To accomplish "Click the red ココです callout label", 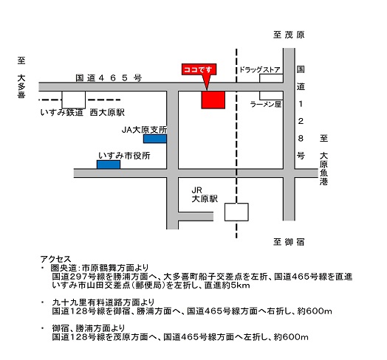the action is click(199, 69).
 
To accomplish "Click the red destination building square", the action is click(213, 100).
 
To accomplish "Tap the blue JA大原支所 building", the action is click(155, 139).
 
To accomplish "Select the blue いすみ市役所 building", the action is click(109, 165).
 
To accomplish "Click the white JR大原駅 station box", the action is click(236, 212).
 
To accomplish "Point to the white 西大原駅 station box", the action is click(74, 100).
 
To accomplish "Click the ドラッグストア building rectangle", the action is click(271, 78).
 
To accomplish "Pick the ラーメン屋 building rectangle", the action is click(271, 95).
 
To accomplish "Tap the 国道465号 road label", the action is click(109, 78).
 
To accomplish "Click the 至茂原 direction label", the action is click(289, 35).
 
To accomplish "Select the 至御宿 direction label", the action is click(289, 242).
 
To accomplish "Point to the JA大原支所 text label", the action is click(144, 130).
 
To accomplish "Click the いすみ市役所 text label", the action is click(124, 156).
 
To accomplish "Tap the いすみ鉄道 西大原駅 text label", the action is click(83, 112).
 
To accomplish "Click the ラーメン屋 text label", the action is click(266, 104).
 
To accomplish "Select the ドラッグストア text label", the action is click(260, 69).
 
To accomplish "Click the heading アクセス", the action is click(56, 259).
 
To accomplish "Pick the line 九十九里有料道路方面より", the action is click(103, 302).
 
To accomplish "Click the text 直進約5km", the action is click(227, 285).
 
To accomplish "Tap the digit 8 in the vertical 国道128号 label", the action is click(301, 139).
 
